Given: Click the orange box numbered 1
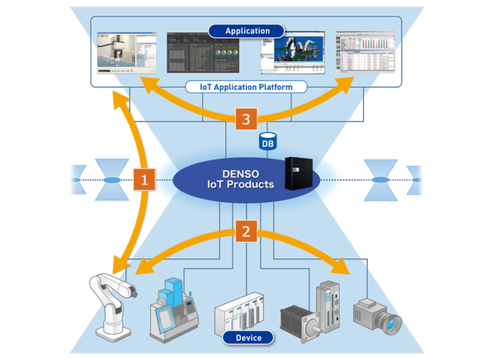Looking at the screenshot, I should [x=141, y=178].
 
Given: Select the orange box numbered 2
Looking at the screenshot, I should [x=244, y=230].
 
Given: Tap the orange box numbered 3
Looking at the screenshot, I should [x=245, y=120].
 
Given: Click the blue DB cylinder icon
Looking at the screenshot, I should [x=266, y=140].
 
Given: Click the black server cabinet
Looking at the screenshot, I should [x=299, y=174].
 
